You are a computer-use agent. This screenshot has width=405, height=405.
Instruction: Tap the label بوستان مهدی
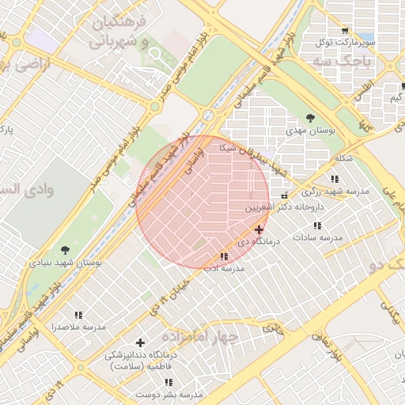tap(332, 129)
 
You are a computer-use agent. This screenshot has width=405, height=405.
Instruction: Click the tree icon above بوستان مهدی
tap(309, 118)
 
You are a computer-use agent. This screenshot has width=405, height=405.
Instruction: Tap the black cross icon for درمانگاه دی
tap(259, 229)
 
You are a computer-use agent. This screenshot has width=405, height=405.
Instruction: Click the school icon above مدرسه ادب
tap(224, 256)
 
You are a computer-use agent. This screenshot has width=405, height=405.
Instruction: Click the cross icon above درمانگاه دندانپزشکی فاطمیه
tap(141, 343)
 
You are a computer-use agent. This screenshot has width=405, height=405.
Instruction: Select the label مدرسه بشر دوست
tap(190, 394)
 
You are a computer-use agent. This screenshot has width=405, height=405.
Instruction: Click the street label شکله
tap(343, 158)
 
